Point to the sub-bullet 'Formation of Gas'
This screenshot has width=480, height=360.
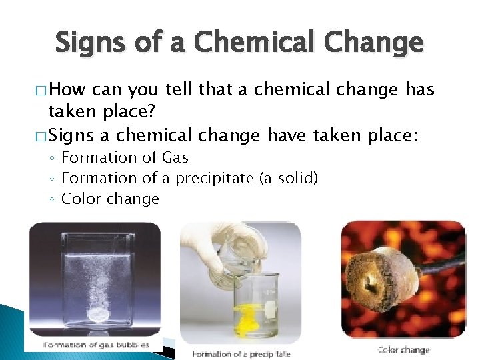pos(125,158)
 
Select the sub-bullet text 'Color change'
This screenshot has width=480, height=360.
pos(110,199)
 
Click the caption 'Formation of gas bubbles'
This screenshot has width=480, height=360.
pos(97,345)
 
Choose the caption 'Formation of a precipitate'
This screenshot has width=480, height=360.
pos(241,353)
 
